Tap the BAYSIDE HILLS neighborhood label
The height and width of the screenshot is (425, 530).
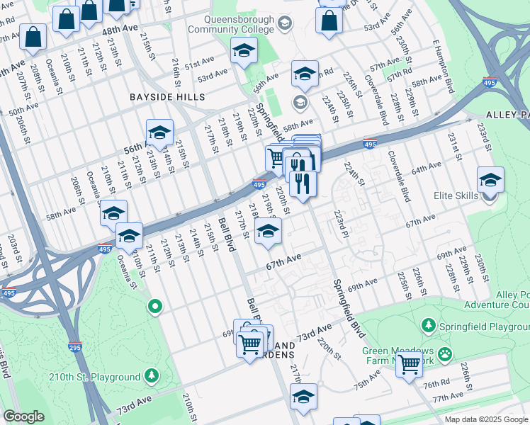pyautogui.click(x=167, y=96)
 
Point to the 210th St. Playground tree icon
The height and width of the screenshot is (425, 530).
pyautogui.click(x=150, y=375)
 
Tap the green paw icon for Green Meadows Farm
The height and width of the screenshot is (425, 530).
pyautogui.click(x=445, y=353)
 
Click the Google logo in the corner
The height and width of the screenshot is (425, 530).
pyautogui.click(x=24, y=416)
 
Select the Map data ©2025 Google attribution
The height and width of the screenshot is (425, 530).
pyautogui.click(x=486, y=419)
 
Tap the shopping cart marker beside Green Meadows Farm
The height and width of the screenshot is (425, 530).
pyautogui.click(x=409, y=364)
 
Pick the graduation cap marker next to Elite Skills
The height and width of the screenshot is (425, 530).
pyautogui.click(x=490, y=181)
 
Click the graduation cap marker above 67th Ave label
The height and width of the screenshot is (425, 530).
pyautogui.click(x=267, y=231)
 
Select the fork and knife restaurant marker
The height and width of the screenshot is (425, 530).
pyautogui.click(x=303, y=183)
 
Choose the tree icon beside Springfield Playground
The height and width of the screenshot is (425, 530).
pyautogui.click(x=428, y=325)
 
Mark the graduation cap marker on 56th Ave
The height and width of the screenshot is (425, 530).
pyautogui.click(x=159, y=132)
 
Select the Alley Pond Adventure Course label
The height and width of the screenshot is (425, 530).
pyautogui.click(x=496, y=300)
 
